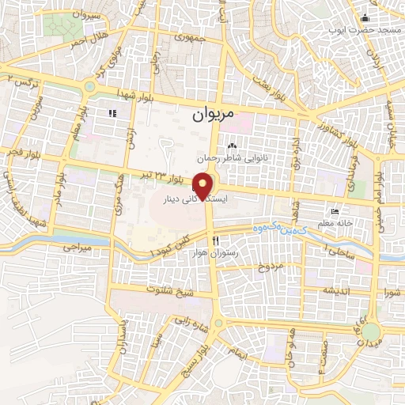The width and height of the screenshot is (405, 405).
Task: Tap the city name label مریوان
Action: coord(214,115)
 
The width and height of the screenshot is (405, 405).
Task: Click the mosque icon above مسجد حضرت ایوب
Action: coord(365,19)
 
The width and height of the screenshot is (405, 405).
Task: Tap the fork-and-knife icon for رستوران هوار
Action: coord(214,240)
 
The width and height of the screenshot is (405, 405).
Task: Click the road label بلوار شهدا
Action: coord(132,93)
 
